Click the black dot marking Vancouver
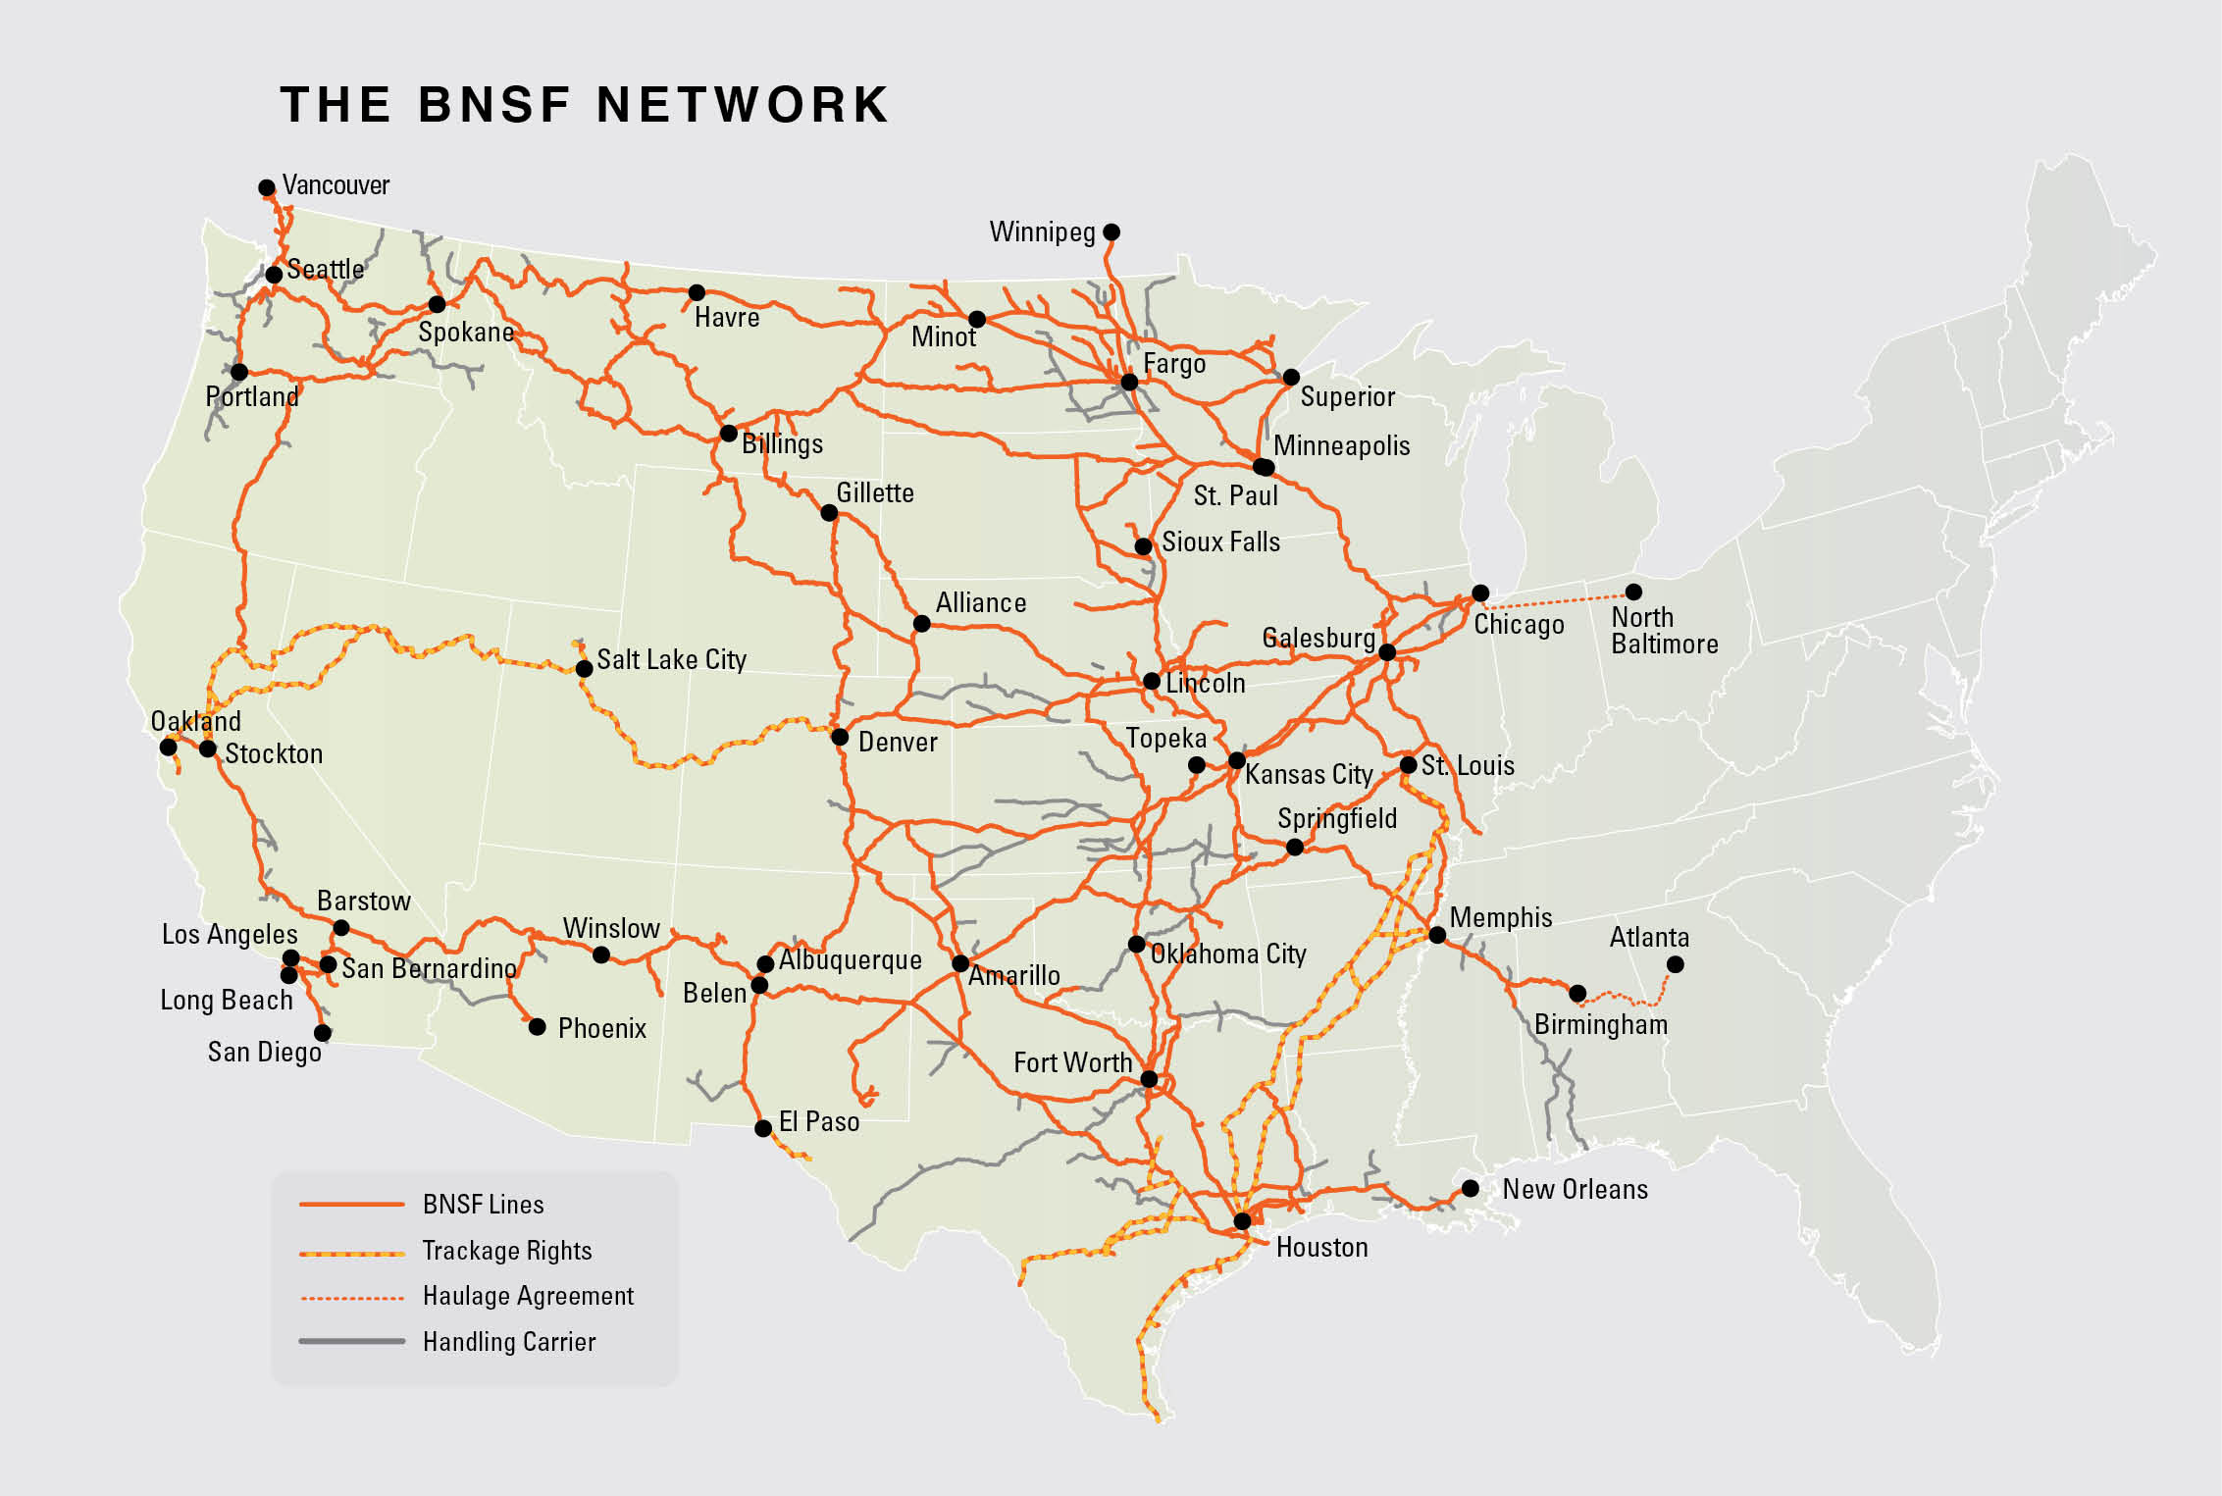pyautogui.click(x=266, y=187)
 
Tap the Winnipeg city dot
pyautogui.click(x=1111, y=232)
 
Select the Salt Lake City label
pyautogui.click(x=671, y=659)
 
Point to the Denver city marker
pyautogui.click(x=840, y=737)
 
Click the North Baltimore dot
pyautogui.click(x=1633, y=592)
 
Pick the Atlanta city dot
pyautogui.click(x=1676, y=964)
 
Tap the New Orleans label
pyautogui.click(x=1575, y=1189)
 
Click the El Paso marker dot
pyautogui.click(x=763, y=1128)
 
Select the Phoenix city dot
pyautogui.click(x=538, y=1027)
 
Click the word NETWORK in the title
pyautogui.click(x=743, y=105)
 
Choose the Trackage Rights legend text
pyautogui.click(x=507, y=1251)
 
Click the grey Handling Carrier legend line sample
pyautogui.click(x=351, y=1341)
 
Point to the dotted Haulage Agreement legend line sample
pyautogui.click(x=351, y=1297)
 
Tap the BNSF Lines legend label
pyautogui.click(x=483, y=1205)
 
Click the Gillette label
pyautogui.click(x=874, y=492)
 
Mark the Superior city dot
pyautogui.click(x=1291, y=378)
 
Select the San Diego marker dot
pyautogui.click(x=323, y=1033)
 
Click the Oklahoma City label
pyautogui.click(x=1228, y=954)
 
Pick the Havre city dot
pyautogui.click(x=697, y=292)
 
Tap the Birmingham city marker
pyautogui.click(x=1577, y=994)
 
